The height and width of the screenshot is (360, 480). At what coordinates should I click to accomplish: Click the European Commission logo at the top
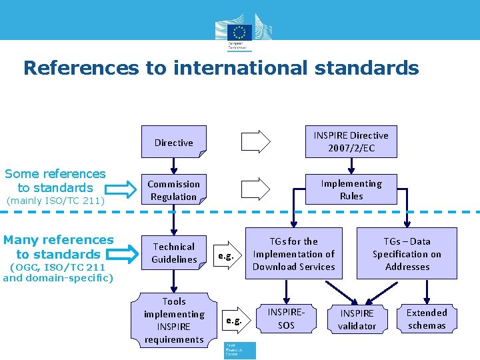[x=240, y=31]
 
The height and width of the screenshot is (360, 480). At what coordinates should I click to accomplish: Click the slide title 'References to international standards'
[x=221, y=68]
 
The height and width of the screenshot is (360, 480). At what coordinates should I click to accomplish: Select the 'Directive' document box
[x=174, y=142]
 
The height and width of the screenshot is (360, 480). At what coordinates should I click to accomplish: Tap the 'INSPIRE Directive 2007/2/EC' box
[x=351, y=141]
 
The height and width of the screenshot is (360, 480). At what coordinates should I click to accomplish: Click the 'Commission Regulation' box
[x=174, y=190]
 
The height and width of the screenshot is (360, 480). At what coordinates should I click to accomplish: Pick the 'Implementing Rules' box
[x=351, y=189]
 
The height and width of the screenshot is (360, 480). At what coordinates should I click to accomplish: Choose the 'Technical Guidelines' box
[x=174, y=253]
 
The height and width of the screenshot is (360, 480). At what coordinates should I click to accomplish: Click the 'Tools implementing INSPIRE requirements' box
[x=174, y=320]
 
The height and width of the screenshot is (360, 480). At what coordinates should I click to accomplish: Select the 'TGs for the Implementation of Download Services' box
[x=293, y=253]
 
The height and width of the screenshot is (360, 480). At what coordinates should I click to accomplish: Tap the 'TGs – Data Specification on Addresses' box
[x=407, y=253]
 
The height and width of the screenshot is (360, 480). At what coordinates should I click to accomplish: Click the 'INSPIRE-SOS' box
[x=286, y=319]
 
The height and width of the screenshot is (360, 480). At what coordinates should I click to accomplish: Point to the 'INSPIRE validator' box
[x=357, y=319]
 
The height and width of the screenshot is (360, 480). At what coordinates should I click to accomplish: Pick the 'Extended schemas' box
[x=427, y=319]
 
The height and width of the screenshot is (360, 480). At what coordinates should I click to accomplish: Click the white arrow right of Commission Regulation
[x=255, y=189]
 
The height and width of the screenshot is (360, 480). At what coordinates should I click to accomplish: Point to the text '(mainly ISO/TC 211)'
[x=54, y=200]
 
